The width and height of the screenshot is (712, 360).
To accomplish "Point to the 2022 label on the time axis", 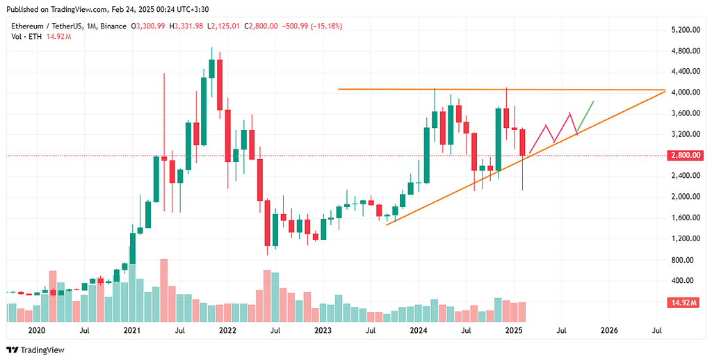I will coord(227,331).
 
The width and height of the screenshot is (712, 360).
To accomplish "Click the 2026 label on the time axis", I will coord(608,331).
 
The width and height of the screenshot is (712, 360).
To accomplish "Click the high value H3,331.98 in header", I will coord(188,26).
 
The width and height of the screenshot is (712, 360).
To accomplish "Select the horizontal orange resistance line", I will coord(487,90).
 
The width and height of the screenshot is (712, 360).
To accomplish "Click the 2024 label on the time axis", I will coord(418,331).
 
